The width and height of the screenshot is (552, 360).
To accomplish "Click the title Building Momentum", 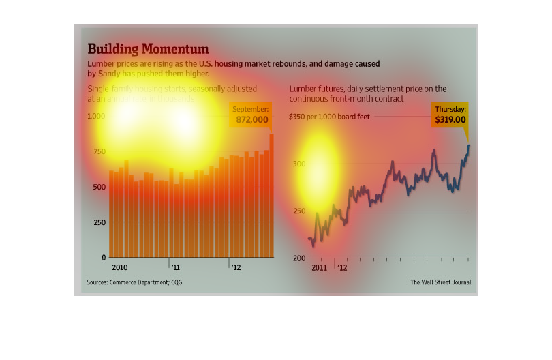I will pos(147,49).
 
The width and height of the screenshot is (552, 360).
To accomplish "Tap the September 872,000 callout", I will pos(251,115).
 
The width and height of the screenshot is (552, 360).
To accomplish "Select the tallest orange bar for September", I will pos(271,196).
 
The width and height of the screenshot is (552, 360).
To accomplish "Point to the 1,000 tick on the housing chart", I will pos(96,117).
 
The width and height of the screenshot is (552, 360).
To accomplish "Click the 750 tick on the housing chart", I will pos(99,151).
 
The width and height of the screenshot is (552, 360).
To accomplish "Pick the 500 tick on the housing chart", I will pos(99,187).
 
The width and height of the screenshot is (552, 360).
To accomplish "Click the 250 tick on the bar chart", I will pos(99,222).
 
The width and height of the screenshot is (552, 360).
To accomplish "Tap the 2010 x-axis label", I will pos(120,267).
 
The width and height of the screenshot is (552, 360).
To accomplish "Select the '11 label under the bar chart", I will pos(175,267).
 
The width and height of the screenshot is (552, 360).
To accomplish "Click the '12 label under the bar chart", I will pos(236,267).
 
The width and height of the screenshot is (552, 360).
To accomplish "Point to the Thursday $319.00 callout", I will pos(450,115).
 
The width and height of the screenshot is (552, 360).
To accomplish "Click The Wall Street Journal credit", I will pos(440,282).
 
